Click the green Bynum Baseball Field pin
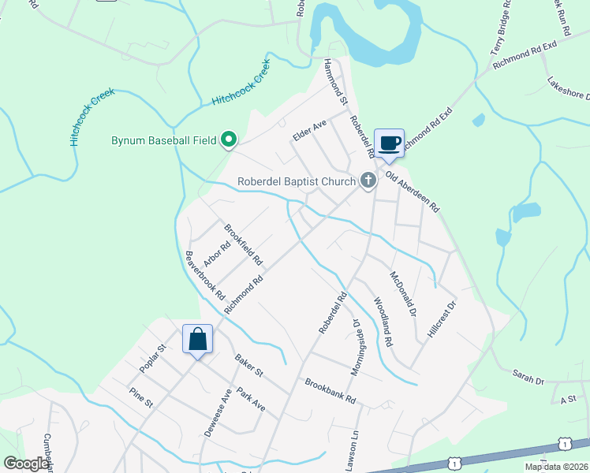230,141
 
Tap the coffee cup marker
389,143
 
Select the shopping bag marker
198,340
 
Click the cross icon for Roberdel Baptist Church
368,181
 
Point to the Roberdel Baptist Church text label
297,182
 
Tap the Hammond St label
335,81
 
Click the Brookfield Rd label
243,244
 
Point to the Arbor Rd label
216,254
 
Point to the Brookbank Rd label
330,390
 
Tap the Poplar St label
152,359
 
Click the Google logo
27,464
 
